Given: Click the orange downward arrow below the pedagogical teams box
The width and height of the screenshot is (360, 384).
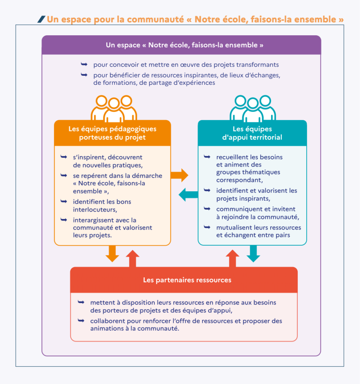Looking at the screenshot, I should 112,253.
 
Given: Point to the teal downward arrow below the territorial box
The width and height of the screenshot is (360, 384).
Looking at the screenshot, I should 253,253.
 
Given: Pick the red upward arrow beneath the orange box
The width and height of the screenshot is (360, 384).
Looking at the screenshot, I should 132,258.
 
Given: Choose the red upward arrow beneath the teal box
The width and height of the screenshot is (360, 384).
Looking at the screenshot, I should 233,258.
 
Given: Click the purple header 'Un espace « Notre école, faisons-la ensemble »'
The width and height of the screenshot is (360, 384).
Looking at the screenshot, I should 181,45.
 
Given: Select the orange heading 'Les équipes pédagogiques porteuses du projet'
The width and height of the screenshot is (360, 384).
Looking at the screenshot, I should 113,133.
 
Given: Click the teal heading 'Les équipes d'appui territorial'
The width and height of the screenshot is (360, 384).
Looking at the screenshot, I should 252,133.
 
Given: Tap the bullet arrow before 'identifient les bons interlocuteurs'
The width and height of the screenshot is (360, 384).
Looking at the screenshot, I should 63,201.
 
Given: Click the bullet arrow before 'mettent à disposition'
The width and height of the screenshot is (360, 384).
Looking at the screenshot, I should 81,302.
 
